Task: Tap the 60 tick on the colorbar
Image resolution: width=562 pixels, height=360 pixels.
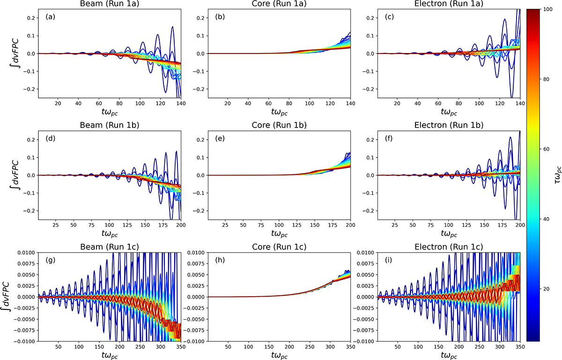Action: [544, 149]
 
